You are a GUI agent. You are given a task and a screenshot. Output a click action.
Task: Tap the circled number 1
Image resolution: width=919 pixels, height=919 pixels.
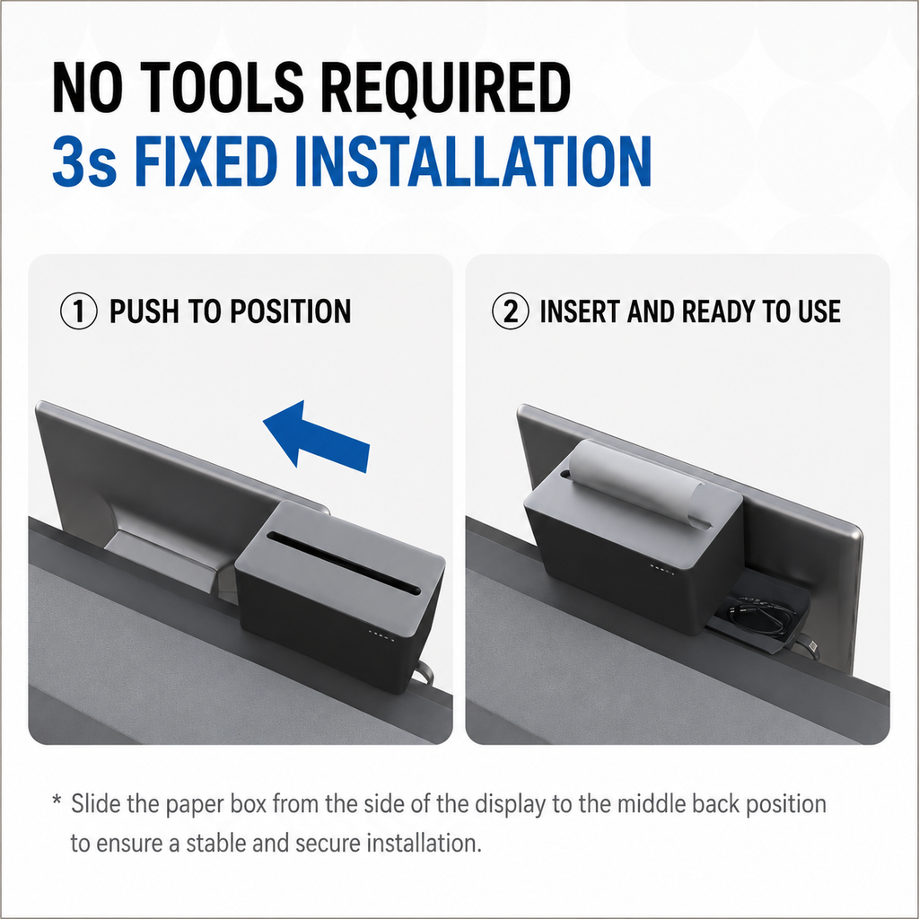(x=79, y=311)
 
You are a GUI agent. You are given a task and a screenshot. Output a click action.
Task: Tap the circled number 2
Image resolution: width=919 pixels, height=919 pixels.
(x=511, y=311)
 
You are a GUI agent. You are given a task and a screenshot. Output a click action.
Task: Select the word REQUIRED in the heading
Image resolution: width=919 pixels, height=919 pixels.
(x=446, y=88)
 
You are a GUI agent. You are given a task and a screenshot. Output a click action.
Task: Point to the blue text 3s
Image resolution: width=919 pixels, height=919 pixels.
(x=84, y=162)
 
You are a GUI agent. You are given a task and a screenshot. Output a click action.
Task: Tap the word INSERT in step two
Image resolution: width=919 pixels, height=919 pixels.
(x=579, y=311)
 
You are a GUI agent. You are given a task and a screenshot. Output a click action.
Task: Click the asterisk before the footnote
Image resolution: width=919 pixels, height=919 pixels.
(x=57, y=800)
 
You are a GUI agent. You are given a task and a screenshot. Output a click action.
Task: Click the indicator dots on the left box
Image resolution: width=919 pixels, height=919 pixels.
(x=381, y=635)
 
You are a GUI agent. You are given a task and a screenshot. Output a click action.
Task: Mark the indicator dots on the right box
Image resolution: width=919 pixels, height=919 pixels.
(x=662, y=570)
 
